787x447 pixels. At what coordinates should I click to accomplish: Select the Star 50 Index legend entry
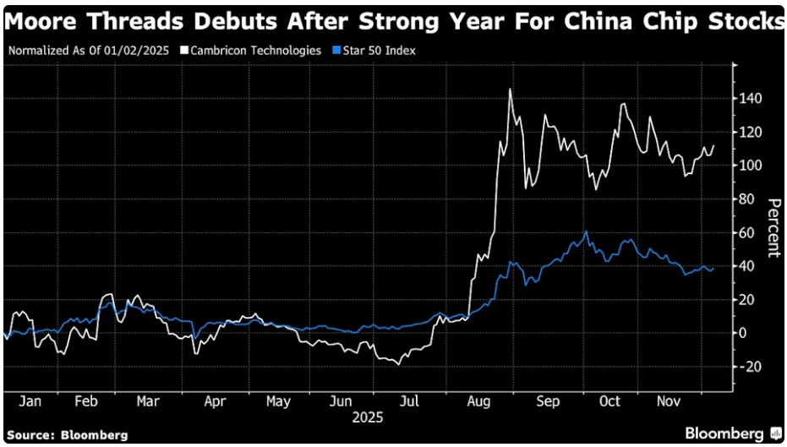380,50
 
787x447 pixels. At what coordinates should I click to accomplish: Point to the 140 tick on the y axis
750,99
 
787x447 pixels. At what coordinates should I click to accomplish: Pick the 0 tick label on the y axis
742,333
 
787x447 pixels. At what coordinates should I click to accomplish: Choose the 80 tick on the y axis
746,199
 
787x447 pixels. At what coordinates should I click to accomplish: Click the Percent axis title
773,228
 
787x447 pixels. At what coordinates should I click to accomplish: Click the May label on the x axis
277,402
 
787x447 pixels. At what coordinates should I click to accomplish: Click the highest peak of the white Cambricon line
510,90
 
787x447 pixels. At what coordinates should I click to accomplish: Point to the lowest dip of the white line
396,363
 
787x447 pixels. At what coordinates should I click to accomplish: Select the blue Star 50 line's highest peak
586,232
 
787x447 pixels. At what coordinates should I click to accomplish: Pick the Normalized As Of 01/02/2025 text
90,50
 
